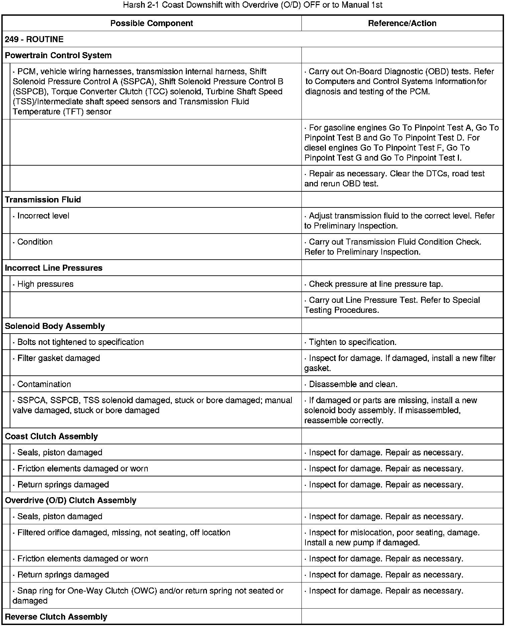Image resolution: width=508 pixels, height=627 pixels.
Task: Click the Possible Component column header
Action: (x=151, y=23)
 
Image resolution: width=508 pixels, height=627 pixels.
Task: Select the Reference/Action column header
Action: (x=402, y=23)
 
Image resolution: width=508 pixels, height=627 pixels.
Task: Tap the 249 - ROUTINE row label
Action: (x=34, y=39)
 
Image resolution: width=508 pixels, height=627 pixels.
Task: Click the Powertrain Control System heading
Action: (x=58, y=56)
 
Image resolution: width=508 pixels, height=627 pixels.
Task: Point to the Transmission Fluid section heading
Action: (x=43, y=200)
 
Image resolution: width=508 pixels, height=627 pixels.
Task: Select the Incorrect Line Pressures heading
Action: (x=53, y=268)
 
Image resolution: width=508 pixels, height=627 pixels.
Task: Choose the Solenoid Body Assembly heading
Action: (x=55, y=326)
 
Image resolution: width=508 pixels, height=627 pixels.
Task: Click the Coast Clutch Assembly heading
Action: (x=51, y=437)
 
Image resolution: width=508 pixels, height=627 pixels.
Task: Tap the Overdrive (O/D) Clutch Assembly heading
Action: (x=71, y=501)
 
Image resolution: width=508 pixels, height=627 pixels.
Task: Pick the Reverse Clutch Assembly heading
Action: (x=56, y=617)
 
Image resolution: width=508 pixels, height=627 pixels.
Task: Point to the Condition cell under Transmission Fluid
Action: (x=35, y=242)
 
